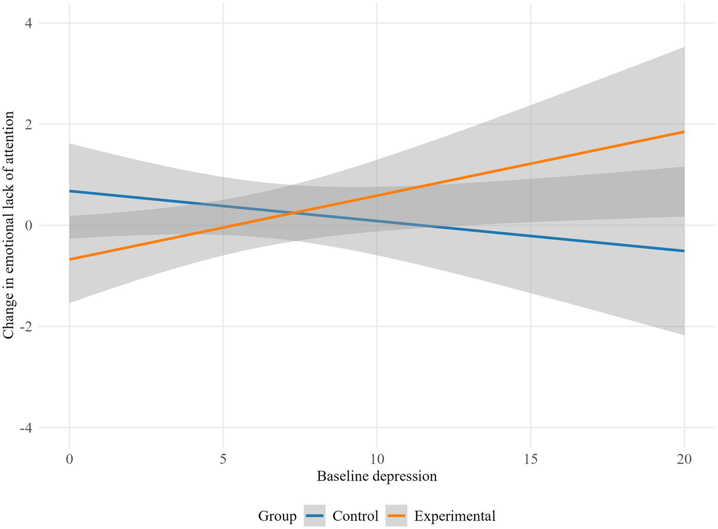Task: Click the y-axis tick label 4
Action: pyautogui.click(x=29, y=23)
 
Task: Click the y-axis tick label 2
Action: pyautogui.click(x=29, y=124)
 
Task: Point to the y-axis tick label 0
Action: pyautogui.click(x=29, y=225)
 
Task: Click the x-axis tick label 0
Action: pyautogui.click(x=69, y=459)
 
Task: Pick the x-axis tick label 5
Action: pyautogui.click(x=223, y=459)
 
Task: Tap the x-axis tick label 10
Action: pyautogui.click(x=377, y=459)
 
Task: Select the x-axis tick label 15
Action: pyautogui.click(x=530, y=459)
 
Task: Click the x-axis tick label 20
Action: pyautogui.click(x=684, y=459)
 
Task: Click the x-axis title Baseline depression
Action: pyautogui.click(x=377, y=476)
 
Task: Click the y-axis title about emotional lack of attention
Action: pyautogui.click(x=8, y=225)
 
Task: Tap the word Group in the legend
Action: pyautogui.click(x=277, y=516)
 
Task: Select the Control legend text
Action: pyautogui.click(x=355, y=516)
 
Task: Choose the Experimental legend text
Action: pyautogui.click(x=455, y=516)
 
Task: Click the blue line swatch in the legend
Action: pyautogui.click(x=314, y=516)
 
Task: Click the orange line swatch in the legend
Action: pyautogui.click(x=396, y=516)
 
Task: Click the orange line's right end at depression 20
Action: pyautogui.click(x=684, y=132)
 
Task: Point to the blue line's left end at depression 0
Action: pyautogui.click(x=70, y=191)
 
